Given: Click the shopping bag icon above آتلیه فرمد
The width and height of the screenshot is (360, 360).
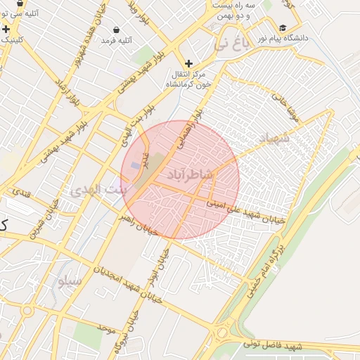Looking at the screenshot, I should click(115, 30).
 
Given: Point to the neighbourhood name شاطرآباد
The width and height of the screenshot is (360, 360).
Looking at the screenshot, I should click(190, 173).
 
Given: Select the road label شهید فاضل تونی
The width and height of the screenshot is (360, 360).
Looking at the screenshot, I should click(272, 345).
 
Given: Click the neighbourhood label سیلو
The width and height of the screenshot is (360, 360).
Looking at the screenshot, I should click(70, 281).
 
